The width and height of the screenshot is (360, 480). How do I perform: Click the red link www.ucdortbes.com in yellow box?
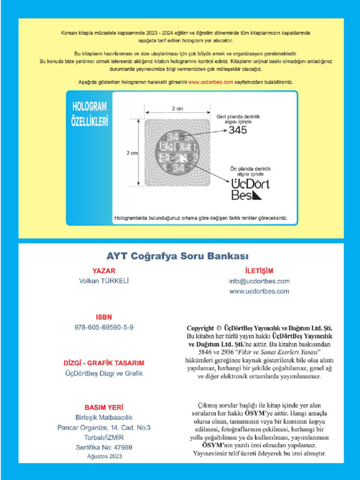tap(210, 82)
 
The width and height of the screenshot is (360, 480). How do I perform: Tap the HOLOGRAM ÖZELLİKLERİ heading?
tap(90, 114)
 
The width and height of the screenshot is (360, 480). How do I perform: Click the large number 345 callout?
tap(238, 130)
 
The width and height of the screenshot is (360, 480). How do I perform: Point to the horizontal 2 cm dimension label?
tap(177, 109)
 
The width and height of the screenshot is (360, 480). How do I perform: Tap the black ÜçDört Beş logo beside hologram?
tap(250, 189)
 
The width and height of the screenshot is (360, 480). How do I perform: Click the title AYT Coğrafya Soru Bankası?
tap(177, 256)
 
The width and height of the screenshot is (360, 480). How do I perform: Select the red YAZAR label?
tap(104, 271)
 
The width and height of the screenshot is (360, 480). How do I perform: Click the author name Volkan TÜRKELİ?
tap(104, 281)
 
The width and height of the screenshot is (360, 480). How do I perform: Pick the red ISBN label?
tap(104, 317)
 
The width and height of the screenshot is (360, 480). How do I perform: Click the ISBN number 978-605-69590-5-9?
tap(104, 327)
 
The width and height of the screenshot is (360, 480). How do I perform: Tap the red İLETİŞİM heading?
tap(259, 271)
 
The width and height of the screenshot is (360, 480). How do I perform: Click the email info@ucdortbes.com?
tap(259, 281)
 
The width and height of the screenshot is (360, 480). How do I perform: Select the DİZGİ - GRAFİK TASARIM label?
tap(104, 363)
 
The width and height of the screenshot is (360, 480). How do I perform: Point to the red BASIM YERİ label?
tap(104, 407)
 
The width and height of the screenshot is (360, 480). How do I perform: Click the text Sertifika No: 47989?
tap(104, 447)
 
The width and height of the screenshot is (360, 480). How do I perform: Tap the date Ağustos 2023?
tap(104, 456)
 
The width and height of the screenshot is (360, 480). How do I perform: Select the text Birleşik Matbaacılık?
tap(104, 418)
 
